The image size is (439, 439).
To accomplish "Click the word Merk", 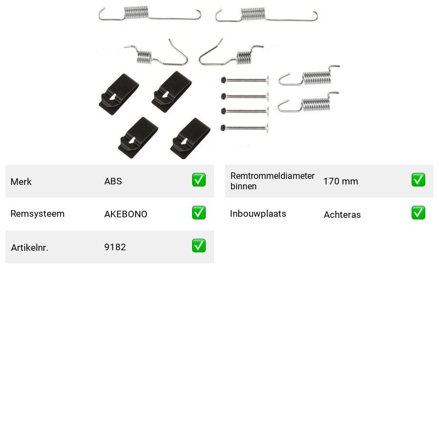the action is (x=21, y=182).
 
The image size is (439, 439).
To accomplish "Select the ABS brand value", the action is (x=113, y=181).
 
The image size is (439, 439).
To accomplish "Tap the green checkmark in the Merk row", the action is (x=199, y=180).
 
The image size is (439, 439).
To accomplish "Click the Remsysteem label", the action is (x=37, y=213).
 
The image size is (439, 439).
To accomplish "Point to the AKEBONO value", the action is (x=126, y=214).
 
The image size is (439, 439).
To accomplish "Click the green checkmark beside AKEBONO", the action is (x=199, y=213).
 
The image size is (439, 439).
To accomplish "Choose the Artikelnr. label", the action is (x=30, y=247).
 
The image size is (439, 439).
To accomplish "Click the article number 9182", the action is (x=115, y=247).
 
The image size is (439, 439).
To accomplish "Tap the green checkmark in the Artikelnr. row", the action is (x=199, y=245).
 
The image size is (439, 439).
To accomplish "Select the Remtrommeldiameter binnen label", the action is (x=272, y=181).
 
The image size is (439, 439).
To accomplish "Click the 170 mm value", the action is (x=341, y=181).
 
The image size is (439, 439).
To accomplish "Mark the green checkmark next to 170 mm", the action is (x=418, y=180).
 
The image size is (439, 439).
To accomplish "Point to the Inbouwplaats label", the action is (x=258, y=213).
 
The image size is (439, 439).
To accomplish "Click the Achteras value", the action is (x=342, y=215).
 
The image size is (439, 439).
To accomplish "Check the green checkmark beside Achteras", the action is (x=418, y=213).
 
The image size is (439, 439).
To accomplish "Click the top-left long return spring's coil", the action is (x=136, y=13).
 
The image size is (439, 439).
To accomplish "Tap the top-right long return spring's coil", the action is (x=253, y=14).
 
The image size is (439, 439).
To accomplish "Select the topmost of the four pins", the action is (x=245, y=80).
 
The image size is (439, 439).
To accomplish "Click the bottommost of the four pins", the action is (x=245, y=128).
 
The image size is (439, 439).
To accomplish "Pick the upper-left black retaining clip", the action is (x=119, y=94).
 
